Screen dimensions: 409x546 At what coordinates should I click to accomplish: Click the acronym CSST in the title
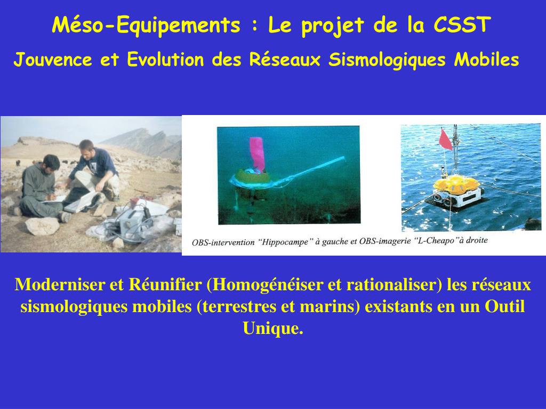pos(461,25)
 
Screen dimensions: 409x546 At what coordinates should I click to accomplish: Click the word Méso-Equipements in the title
pos(146,25)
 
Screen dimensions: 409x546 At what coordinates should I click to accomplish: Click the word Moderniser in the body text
pos(60,285)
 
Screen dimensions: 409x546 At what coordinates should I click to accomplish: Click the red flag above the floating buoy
pos(445,139)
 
